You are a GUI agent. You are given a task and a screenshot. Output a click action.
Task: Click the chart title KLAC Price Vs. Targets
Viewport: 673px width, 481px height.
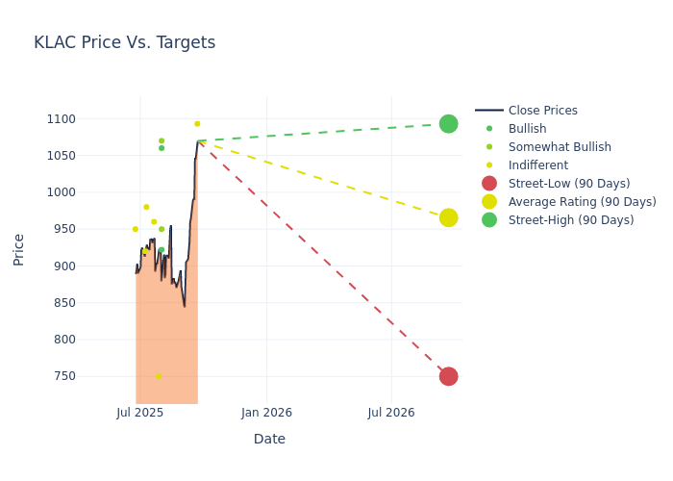click(124, 42)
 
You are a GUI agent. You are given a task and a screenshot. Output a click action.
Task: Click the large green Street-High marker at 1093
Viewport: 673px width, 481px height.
click(448, 123)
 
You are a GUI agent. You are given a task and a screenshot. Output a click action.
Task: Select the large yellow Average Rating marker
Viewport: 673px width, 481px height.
click(448, 217)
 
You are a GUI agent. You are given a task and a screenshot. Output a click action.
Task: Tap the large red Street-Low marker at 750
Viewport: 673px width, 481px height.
click(448, 376)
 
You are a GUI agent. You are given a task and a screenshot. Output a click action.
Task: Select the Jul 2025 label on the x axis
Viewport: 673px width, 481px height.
click(140, 413)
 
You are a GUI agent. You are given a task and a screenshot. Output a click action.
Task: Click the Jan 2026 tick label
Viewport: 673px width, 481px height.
click(266, 413)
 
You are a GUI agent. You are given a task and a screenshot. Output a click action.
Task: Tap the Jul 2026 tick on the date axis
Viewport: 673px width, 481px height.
click(391, 413)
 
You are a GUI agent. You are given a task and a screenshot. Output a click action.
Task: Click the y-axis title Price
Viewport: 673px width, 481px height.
click(19, 248)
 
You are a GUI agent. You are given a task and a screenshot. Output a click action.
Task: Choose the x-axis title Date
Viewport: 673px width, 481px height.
click(269, 439)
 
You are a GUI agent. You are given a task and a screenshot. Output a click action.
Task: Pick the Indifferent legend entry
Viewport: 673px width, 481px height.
click(537, 165)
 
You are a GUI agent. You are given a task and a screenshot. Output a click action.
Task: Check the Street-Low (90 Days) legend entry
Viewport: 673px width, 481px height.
click(568, 184)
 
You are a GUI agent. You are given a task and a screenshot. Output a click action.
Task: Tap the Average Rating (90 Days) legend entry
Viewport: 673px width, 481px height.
click(582, 202)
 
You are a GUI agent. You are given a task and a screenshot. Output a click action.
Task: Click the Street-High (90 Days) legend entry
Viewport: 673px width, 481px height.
click(570, 220)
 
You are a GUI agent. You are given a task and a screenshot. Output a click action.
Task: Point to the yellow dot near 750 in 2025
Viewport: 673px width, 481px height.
click(159, 376)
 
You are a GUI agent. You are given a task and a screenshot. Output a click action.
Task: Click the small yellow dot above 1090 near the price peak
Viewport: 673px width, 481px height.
click(197, 123)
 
